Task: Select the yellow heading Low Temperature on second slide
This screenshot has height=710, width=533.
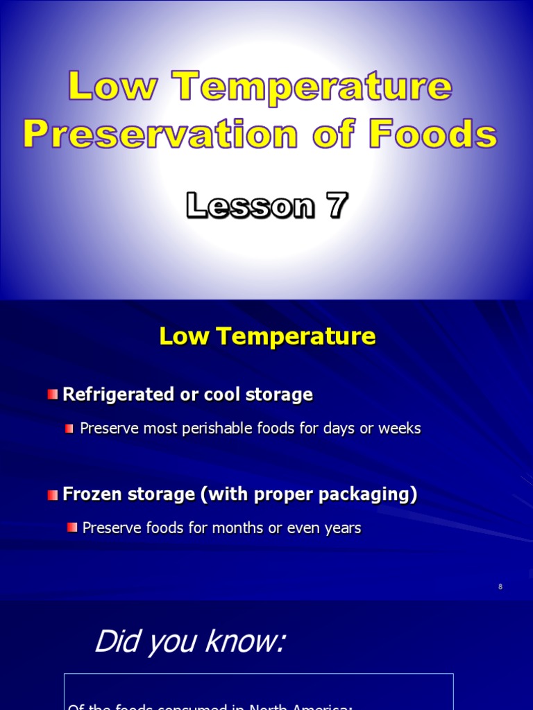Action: tap(267, 336)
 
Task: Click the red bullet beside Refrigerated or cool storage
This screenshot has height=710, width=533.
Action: tap(53, 395)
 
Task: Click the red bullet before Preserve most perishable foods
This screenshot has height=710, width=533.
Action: tap(69, 428)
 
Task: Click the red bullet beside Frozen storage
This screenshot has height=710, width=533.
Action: tap(53, 494)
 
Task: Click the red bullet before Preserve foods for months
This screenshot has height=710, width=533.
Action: tap(72, 528)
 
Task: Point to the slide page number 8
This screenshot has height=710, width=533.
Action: tap(500, 587)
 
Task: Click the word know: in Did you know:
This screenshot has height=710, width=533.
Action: tap(247, 642)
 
